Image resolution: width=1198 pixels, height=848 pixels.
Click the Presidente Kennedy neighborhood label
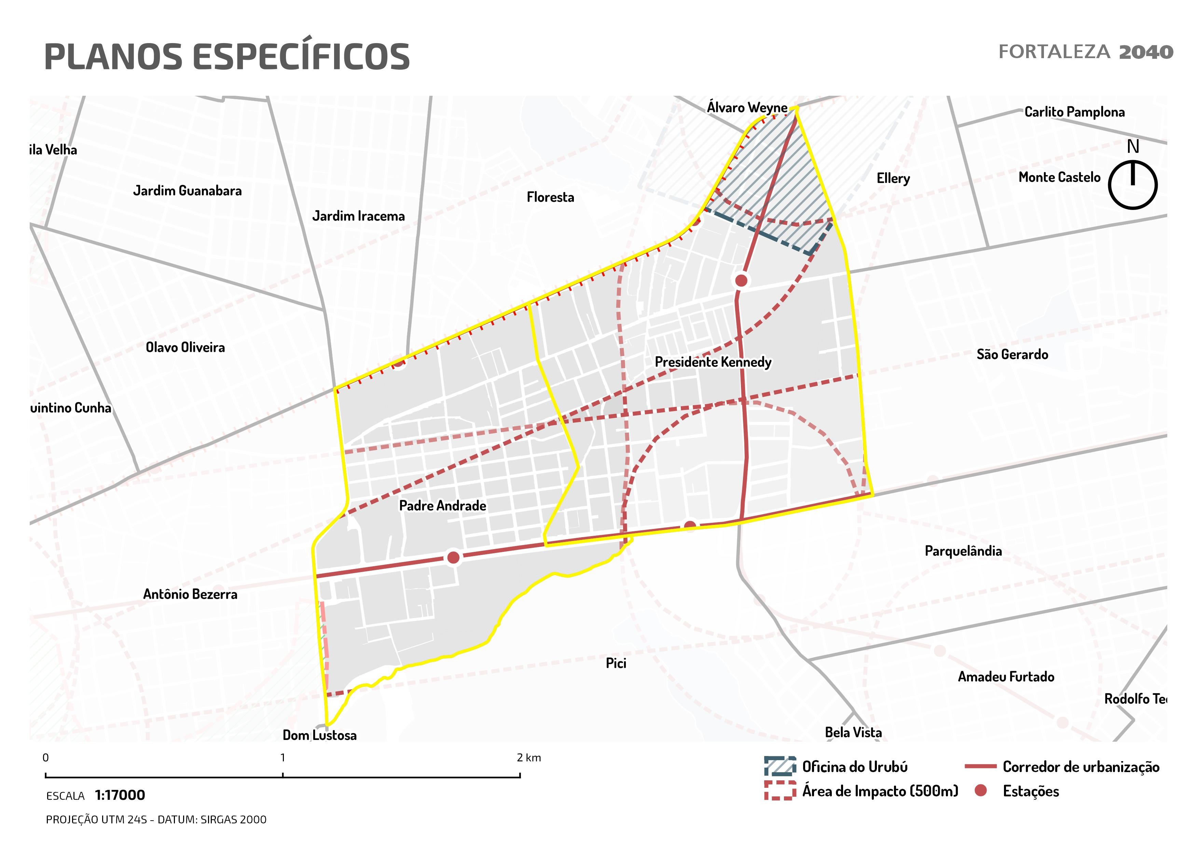point(713,362)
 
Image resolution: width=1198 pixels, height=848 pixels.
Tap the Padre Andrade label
point(442,505)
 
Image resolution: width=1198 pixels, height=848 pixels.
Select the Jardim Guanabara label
point(187,190)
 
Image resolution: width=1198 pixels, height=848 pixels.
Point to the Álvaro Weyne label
point(747,108)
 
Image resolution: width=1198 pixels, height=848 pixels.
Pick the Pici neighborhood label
point(616,663)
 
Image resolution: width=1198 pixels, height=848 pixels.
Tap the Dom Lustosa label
point(319,735)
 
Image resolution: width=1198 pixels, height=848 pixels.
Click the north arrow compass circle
point(1132,185)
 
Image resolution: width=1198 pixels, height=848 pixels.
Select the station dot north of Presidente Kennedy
point(741,280)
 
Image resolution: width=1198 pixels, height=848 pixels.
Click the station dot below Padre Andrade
point(453,557)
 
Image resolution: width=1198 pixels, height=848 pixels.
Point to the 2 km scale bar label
point(528,758)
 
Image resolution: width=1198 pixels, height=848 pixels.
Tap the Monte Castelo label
point(1059,177)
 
